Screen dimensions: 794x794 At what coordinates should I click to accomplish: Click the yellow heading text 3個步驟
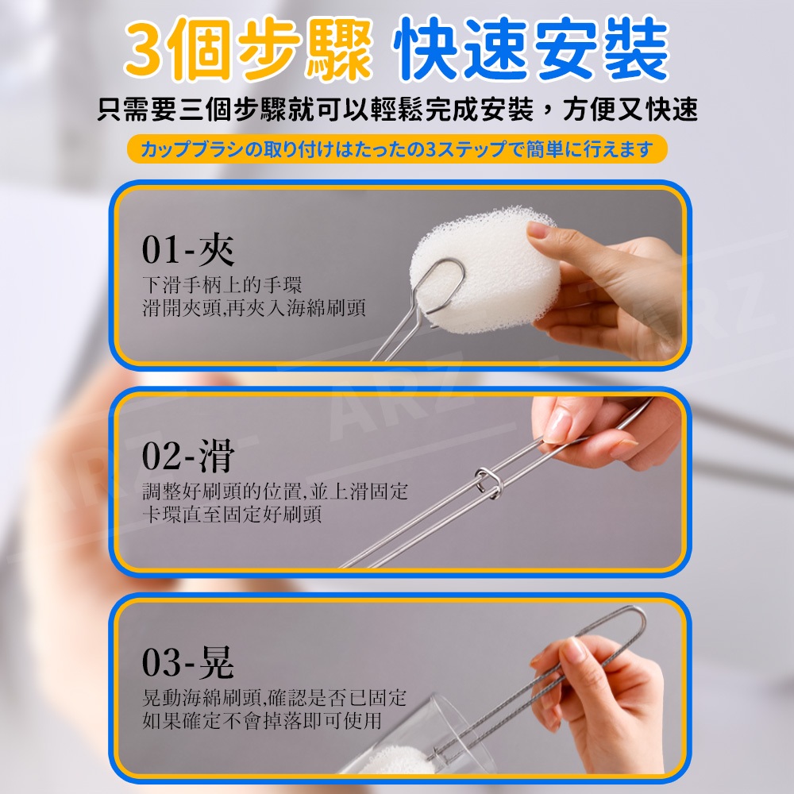coord(249,49)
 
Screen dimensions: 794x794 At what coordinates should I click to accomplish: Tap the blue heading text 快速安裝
coord(532,49)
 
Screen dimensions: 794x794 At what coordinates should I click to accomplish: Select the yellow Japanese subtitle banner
coord(397,149)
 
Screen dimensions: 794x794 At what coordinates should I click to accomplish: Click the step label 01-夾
coord(188,249)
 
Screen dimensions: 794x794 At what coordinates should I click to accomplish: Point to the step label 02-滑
coord(188,456)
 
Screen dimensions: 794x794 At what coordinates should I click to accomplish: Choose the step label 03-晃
coord(188,662)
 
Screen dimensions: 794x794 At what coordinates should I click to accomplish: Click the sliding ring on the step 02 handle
coord(488,482)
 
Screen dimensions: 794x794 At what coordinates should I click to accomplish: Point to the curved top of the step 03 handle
coord(635,613)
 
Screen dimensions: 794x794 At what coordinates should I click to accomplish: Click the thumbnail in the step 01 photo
coord(539,230)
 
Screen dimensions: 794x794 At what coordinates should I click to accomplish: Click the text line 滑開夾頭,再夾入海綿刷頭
coord(254,308)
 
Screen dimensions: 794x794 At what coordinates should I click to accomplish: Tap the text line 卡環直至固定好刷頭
coord(232,514)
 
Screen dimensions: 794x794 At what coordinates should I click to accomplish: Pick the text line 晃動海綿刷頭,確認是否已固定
coord(274,698)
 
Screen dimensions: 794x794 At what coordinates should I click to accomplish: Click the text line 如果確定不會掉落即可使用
coord(262,721)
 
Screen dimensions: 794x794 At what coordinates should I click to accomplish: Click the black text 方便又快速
coord(630,110)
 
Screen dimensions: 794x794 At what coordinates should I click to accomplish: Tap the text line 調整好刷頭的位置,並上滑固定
coord(275,491)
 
